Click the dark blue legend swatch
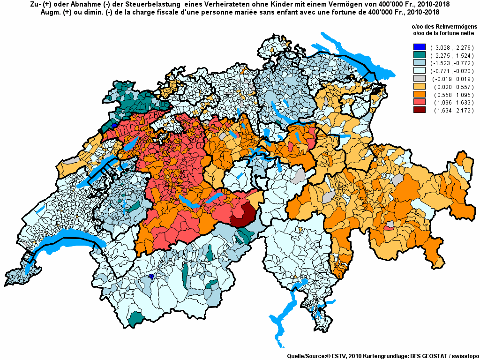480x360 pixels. pyautogui.click(x=419, y=47)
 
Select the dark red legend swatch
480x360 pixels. pyautogui.click(x=419, y=110)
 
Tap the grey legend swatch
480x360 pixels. pyautogui.click(x=419, y=79)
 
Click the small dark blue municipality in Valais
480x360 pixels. pyautogui.click(x=151, y=277)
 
